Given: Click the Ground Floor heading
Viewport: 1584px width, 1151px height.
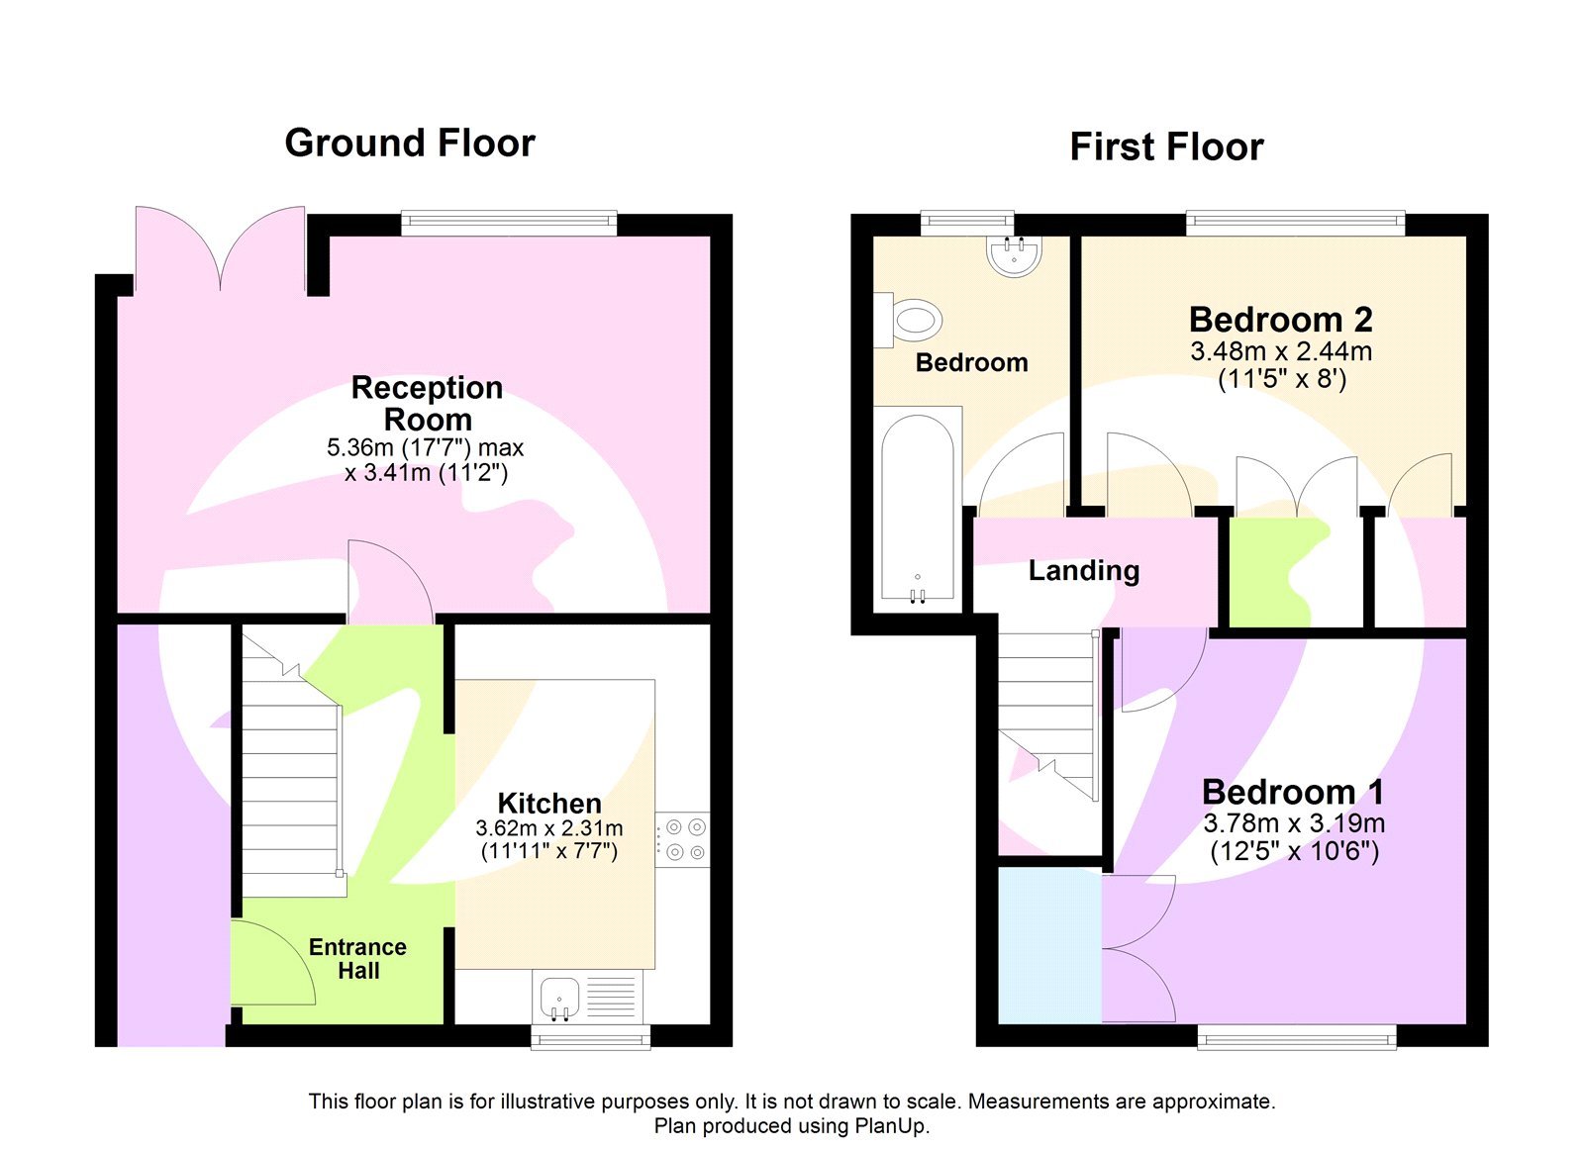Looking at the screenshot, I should (x=410, y=144).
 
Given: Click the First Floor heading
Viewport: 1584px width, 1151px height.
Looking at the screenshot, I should (x=1166, y=147).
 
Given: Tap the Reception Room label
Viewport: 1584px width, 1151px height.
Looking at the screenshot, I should (x=427, y=403).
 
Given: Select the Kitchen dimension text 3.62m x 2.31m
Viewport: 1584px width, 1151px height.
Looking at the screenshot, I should (x=549, y=828).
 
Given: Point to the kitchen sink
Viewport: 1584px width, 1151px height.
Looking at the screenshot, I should (x=559, y=997).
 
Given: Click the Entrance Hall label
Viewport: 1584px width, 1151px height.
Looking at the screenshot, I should (x=357, y=958).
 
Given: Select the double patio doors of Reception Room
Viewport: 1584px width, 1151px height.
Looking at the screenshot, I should (x=220, y=247).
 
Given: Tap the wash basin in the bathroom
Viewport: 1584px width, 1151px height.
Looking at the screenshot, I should (x=1014, y=255).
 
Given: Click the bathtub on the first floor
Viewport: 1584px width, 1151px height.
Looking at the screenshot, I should (x=918, y=507).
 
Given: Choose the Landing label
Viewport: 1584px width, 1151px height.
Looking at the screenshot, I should (x=1083, y=571).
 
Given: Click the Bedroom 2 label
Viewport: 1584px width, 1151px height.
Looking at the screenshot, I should (x=1280, y=320).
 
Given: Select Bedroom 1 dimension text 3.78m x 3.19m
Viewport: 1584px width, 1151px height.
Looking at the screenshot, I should (x=1293, y=823).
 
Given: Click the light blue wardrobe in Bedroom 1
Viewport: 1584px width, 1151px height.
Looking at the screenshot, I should (x=1049, y=945).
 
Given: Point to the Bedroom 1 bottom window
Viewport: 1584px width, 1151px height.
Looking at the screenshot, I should (x=1297, y=1037).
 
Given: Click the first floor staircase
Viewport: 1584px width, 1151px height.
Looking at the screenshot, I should (x=1047, y=713).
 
